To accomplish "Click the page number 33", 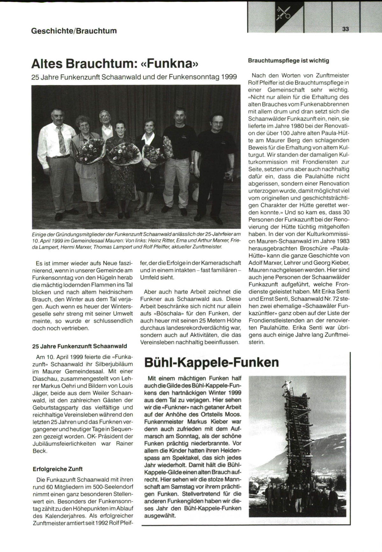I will [x=346, y=29].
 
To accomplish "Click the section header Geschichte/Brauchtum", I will [x=74, y=31].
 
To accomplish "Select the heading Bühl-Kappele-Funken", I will [x=211, y=362].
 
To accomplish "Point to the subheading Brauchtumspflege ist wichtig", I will [x=288, y=60].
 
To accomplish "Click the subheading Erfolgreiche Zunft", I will [x=58, y=469].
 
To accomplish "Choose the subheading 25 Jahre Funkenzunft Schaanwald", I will [x=80, y=346].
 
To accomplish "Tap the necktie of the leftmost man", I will [x=61, y=139].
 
